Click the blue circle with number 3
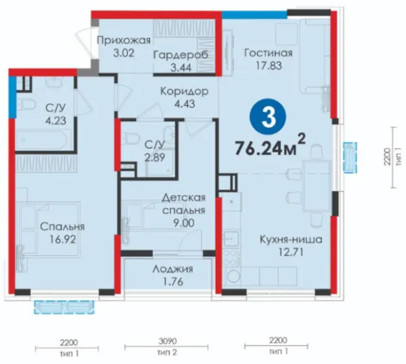[268, 118]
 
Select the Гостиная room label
[269, 53]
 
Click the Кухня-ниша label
[291, 240]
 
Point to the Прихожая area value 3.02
[124, 53]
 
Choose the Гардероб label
[181, 55]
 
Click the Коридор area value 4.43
[185, 104]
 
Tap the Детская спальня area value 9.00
[183, 223]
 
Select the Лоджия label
[173, 269]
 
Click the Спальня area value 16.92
[63, 240]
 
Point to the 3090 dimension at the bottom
[167, 341]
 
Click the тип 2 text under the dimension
[167, 352]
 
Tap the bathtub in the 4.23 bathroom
[43, 140]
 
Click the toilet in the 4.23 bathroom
[26, 105]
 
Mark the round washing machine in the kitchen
[232, 277]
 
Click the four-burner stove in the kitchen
[231, 257]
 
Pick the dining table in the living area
[317, 185]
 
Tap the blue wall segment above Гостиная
[254, 15]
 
